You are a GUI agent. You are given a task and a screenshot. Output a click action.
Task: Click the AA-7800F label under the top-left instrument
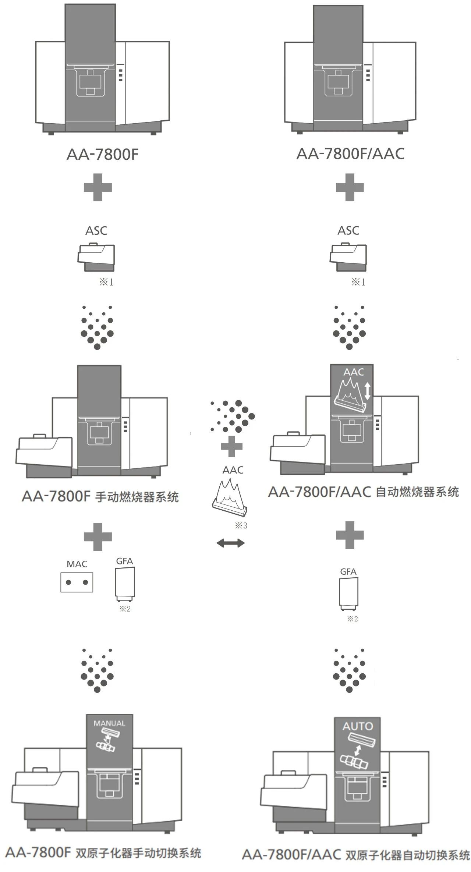click(x=102, y=155)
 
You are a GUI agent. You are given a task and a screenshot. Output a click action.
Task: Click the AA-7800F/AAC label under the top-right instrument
click(x=350, y=154)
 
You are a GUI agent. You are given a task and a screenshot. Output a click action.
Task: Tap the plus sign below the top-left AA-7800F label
click(x=98, y=187)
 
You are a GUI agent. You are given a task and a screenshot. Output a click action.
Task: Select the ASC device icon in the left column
click(x=96, y=257)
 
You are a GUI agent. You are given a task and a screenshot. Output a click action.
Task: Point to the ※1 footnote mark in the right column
click(x=358, y=282)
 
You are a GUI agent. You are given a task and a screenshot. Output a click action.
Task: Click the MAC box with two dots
click(x=77, y=582)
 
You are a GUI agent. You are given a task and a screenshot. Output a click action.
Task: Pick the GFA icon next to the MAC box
click(x=125, y=582)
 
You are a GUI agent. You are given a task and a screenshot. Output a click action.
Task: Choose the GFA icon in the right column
click(x=348, y=593)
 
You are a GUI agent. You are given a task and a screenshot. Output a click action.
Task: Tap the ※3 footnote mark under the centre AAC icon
click(x=241, y=526)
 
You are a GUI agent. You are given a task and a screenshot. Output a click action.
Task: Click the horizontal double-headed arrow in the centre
click(x=231, y=542)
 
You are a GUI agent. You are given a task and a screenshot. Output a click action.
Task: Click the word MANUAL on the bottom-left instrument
click(x=109, y=723)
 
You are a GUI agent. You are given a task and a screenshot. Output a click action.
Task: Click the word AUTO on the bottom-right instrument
click(x=358, y=726)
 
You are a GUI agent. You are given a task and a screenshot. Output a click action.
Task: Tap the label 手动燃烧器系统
click(x=137, y=497)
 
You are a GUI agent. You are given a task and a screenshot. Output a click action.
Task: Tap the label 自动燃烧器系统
click(x=417, y=492)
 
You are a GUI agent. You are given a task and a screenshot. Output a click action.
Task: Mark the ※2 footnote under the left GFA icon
click(x=125, y=609)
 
